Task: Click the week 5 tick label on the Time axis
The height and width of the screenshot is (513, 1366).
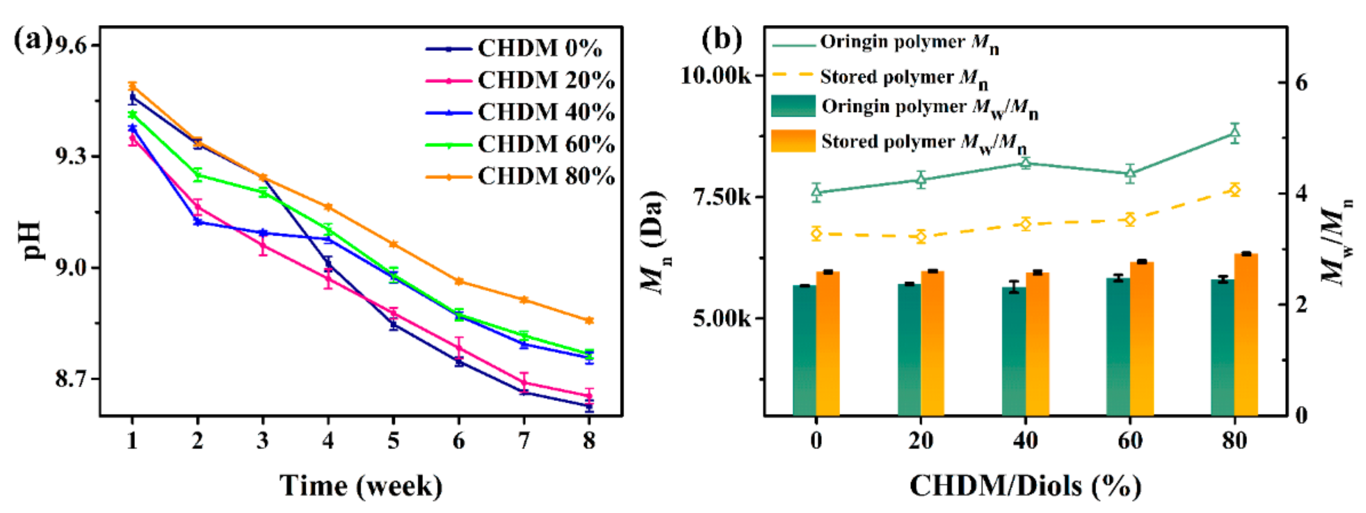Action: tap(393, 440)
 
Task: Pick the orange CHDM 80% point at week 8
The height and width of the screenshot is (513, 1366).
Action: tap(589, 321)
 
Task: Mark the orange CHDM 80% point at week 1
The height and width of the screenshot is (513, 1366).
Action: tap(132, 86)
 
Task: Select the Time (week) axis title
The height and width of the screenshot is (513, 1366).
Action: tap(361, 485)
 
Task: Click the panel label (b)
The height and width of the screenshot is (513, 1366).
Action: tap(722, 39)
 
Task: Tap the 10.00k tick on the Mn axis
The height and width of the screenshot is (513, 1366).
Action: tap(716, 75)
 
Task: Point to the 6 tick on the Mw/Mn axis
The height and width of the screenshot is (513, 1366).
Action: tap(1301, 83)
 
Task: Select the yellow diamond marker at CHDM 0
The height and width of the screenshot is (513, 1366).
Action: tap(816, 233)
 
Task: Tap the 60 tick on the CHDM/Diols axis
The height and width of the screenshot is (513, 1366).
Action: tap(1130, 440)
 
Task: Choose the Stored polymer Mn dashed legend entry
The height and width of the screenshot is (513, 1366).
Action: tap(880, 77)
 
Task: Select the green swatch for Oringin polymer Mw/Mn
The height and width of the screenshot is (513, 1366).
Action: tap(793, 106)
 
